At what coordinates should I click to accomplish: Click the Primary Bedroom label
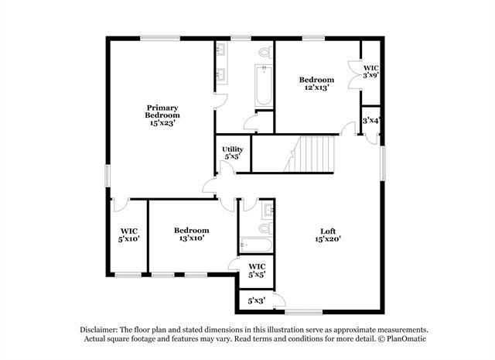(162, 115)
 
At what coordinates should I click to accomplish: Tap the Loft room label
(329, 235)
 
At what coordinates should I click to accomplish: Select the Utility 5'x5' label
(233, 153)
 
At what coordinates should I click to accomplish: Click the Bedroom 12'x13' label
(316, 84)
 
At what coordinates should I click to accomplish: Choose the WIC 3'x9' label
(371, 72)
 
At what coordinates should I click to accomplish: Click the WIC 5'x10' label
(128, 235)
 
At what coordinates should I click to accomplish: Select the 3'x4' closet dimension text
(371, 120)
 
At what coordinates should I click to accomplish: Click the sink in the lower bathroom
(268, 209)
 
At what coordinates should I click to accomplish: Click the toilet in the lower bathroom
(265, 228)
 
